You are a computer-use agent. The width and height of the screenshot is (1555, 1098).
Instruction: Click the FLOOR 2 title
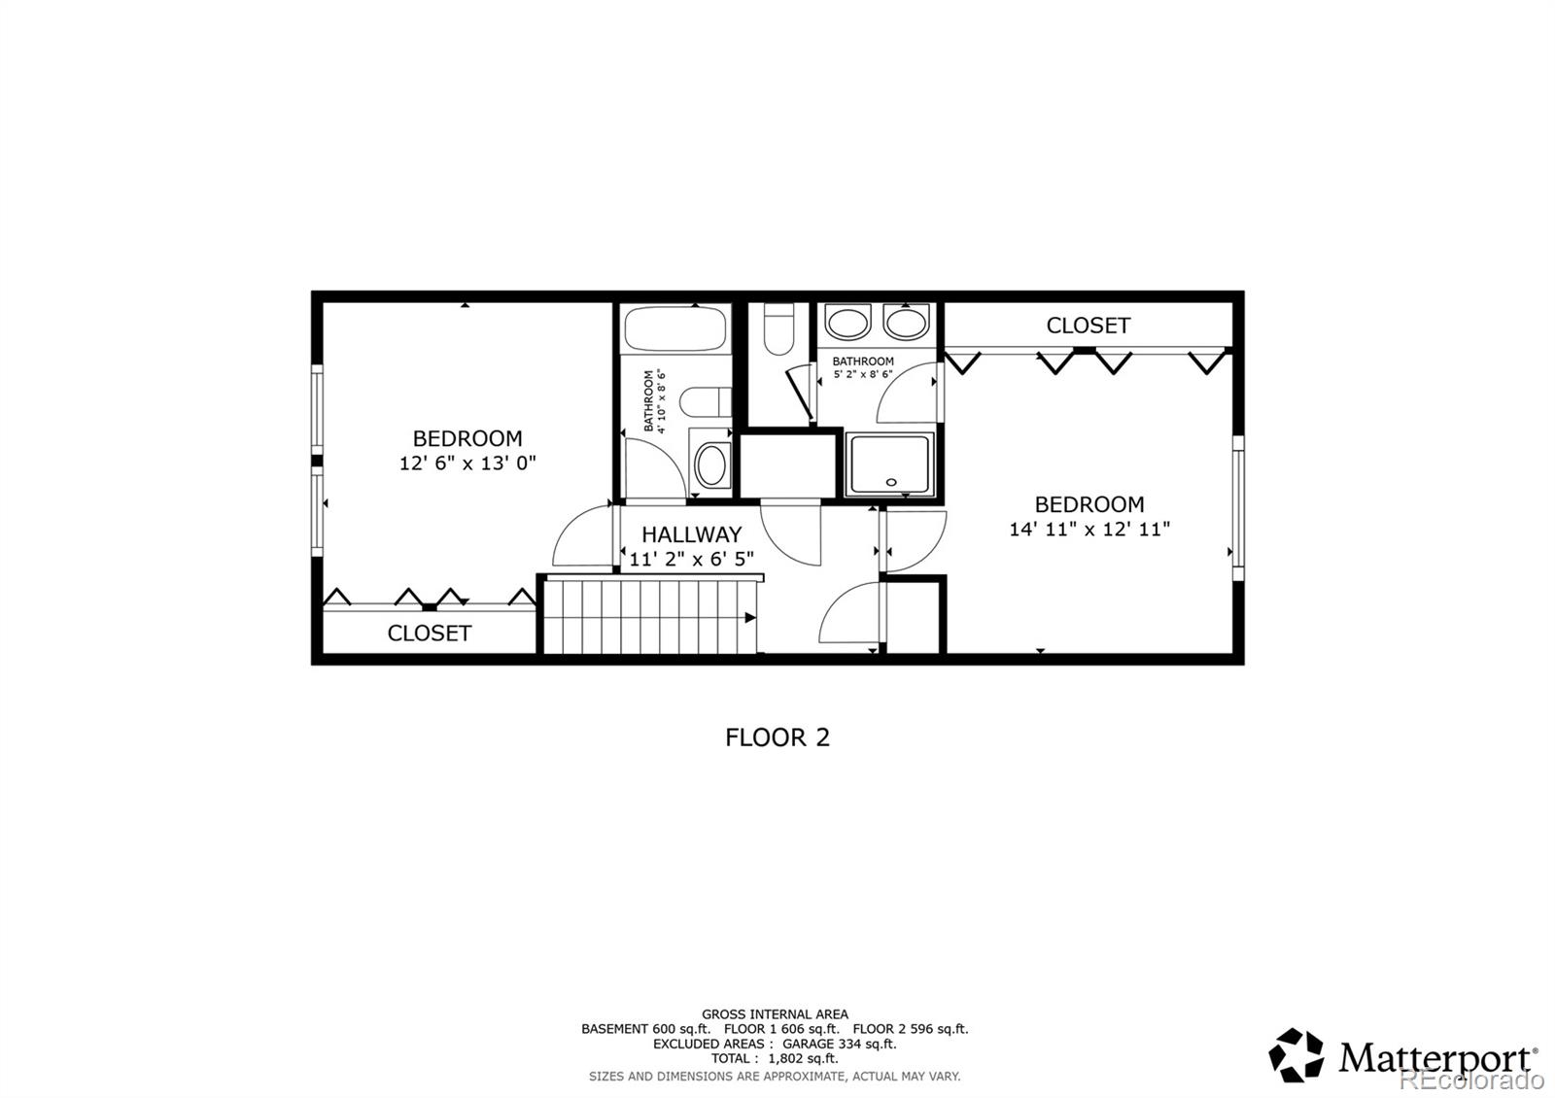coord(777,738)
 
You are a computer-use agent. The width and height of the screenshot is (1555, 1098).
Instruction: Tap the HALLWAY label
coord(691,534)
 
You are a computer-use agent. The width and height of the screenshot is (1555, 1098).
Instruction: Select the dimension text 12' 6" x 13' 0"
coord(467,463)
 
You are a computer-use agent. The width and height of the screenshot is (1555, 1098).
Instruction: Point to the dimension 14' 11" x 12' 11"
coord(1088,530)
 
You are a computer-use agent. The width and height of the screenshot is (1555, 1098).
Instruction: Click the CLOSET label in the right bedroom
coord(1088,326)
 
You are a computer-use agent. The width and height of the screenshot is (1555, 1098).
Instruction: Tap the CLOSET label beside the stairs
coord(429,634)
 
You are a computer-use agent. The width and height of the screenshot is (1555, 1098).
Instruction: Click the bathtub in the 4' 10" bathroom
coord(675,328)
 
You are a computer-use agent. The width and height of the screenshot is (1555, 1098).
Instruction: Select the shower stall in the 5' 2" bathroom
coord(888,464)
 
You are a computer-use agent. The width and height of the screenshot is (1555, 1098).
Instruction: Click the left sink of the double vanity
coord(847,323)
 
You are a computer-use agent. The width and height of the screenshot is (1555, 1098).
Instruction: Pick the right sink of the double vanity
coord(906,323)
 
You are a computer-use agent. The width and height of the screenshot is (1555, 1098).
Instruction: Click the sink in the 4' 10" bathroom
coord(711,466)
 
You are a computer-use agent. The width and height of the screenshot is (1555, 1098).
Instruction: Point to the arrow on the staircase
coord(750,617)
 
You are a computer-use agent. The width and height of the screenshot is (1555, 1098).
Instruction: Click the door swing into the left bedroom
coord(581,539)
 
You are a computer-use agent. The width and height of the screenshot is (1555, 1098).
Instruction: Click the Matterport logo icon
coord(1296,1055)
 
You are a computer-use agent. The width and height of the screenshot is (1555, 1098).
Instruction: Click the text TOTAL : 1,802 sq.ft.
coord(774,1058)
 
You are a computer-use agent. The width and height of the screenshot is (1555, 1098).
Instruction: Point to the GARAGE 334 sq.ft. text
coord(839,1044)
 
